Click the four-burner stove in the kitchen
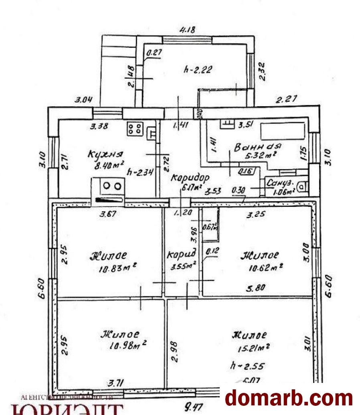tap(135, 129)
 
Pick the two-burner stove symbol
tap(112, 186)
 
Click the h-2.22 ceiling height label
tap(197, 69)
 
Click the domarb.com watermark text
tap(289, 398)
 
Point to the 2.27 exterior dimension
tap(285, 99)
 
